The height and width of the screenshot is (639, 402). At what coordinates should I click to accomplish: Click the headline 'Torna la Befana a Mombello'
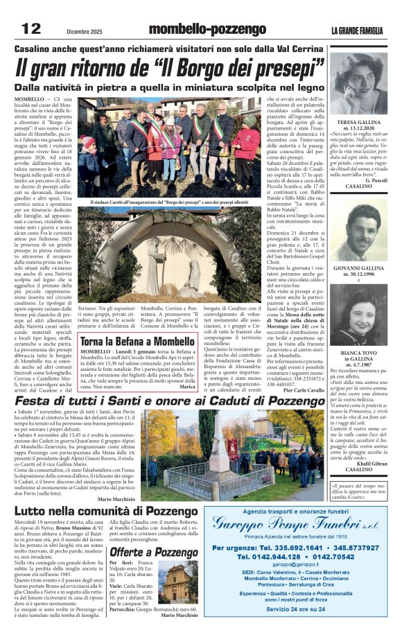coord(137,342)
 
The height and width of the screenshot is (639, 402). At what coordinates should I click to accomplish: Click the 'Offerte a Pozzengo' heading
coord(154,552)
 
